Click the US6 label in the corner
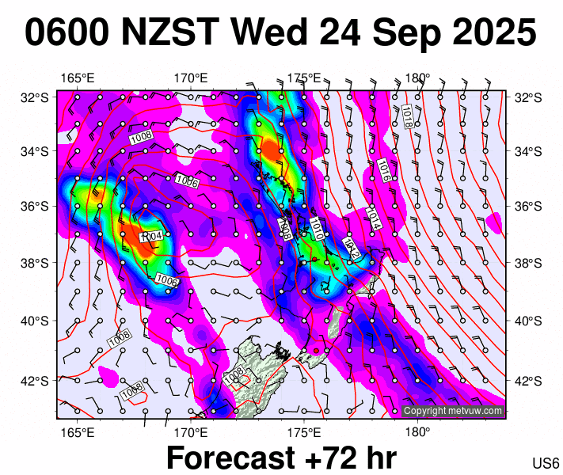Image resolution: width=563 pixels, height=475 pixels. [x=546, y=463]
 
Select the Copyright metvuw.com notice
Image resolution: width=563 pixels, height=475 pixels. [x=453, y=411]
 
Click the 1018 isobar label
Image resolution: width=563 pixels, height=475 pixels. [x=406, y=116]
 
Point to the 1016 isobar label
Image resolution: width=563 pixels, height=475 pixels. [x=382, y=169]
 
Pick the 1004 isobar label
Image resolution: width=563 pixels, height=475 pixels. [x=150, y=237]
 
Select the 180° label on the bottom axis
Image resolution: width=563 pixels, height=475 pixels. [x=417, y=432]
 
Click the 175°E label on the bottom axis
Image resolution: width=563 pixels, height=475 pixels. [x=304, y=432]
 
